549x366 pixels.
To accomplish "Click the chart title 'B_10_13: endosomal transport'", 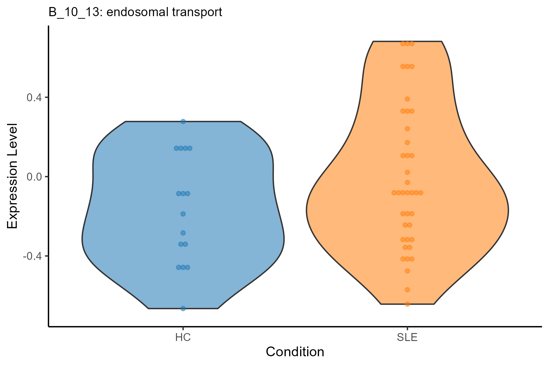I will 135,12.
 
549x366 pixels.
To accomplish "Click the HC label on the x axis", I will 183,338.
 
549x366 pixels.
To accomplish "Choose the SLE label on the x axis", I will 407,338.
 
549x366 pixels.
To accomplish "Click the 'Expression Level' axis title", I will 12,176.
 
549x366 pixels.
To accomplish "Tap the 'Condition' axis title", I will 295,352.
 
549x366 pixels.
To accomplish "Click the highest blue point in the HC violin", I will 183,121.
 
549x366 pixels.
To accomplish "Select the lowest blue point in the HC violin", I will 183,308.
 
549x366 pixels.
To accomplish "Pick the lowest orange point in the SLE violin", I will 407,304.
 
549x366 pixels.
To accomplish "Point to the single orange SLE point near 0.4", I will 407,99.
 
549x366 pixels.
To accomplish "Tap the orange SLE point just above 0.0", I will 407,172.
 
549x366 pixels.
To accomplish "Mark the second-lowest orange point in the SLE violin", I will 407,290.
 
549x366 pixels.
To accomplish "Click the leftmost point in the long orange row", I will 394,193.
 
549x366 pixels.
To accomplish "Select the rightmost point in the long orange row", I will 421,193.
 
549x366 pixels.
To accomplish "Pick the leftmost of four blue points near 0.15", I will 176,148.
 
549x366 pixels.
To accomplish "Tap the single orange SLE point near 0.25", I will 407,129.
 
